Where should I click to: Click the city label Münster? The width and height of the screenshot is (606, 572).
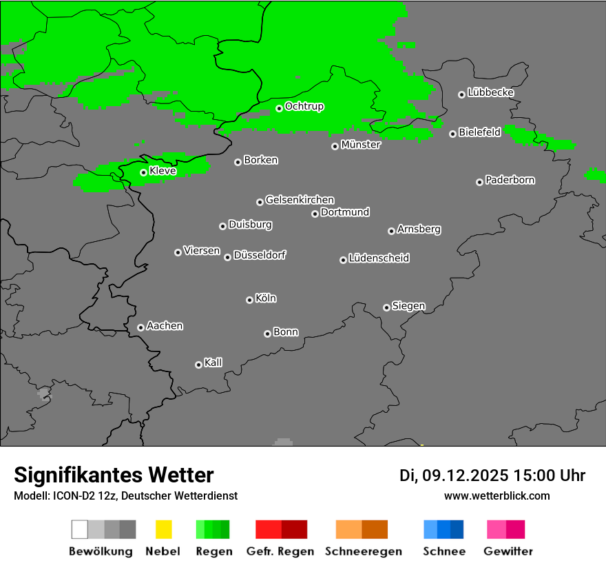tap(361, 145)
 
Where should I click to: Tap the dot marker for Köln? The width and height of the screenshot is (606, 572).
tap(249, 300)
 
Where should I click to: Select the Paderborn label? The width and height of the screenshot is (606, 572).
tap(510, 180)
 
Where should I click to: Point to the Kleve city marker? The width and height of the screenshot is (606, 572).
tap(143, 172)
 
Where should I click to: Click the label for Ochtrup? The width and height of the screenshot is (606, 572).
tap(304, 106)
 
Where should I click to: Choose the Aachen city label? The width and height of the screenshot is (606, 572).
tap(165, 325)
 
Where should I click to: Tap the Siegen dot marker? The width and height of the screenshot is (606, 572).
tap(386, 307)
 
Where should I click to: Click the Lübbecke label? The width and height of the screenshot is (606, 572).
tap(490, 92)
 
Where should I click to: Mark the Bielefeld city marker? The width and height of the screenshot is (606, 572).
tap(452, 134)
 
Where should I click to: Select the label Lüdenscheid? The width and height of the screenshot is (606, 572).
tap(379, 258)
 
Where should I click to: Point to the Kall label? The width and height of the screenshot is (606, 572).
tap(213, 362)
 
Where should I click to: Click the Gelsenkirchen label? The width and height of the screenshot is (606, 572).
tap(300, 200)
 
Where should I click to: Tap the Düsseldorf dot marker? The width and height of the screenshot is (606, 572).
tap(227, 257)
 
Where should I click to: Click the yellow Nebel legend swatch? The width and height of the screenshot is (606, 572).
tap(163, 529)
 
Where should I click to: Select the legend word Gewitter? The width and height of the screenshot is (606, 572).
tap(508, 551)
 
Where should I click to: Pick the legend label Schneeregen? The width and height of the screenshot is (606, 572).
tap(363, 551)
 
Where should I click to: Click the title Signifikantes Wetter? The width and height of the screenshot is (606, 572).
tap(114, 475)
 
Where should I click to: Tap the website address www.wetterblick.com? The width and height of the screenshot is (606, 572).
tap(497, 496)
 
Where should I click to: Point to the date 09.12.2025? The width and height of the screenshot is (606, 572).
tap(465, 476)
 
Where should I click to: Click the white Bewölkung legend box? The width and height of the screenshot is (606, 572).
tap(80, 529)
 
